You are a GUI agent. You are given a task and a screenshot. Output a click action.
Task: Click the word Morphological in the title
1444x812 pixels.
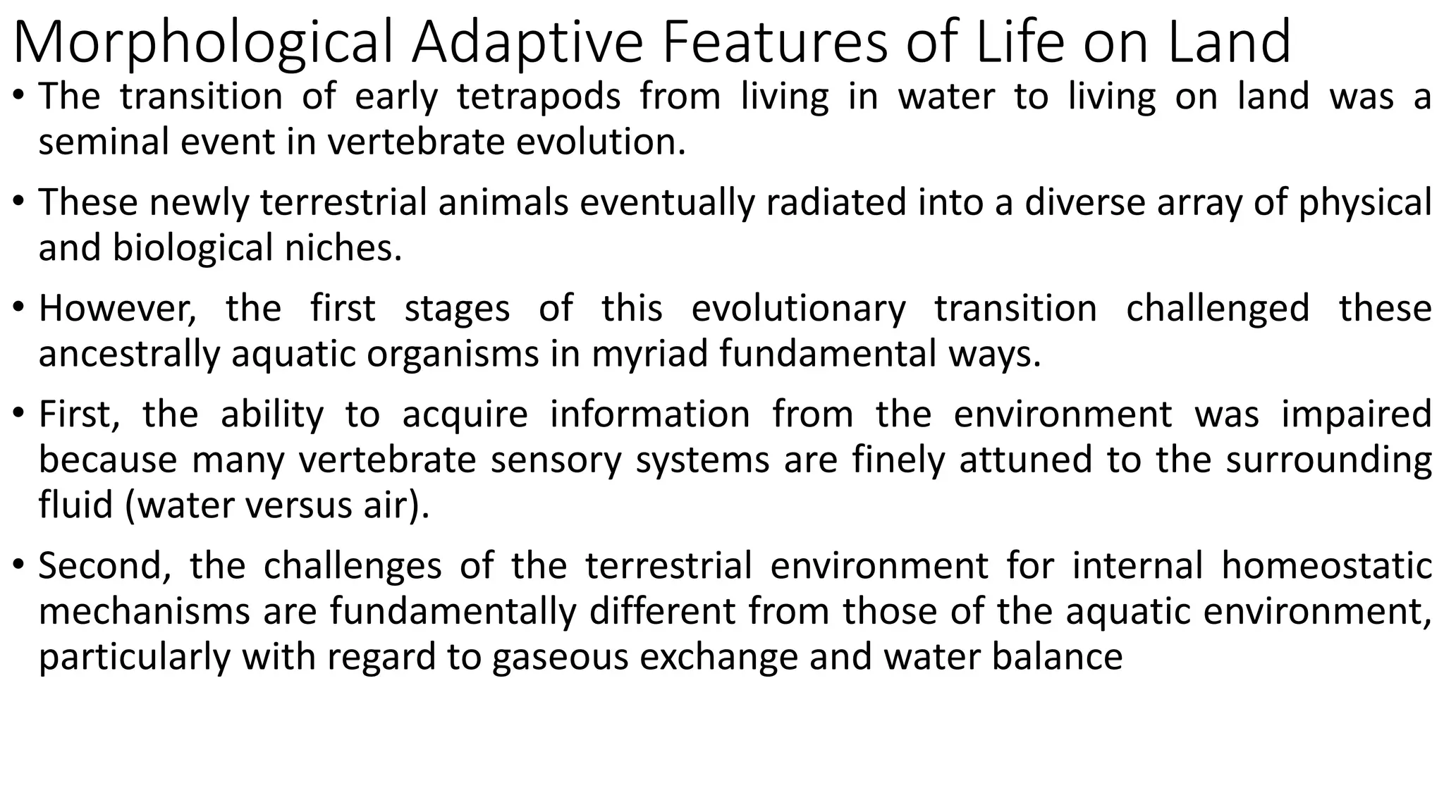pyautogui.click(x=202, y=42)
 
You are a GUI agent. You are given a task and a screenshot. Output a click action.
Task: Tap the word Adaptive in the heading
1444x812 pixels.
pyautogui.click(x=527, y=42)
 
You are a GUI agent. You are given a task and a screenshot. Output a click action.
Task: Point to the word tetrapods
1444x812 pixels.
pyautogui.click(x=539, y=97)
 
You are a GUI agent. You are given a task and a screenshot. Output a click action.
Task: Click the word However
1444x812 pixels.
pyautogui.click(x=117, y=309)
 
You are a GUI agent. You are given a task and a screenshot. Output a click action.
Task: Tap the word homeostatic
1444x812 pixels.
pyautogui.click(x=1326, y=566)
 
